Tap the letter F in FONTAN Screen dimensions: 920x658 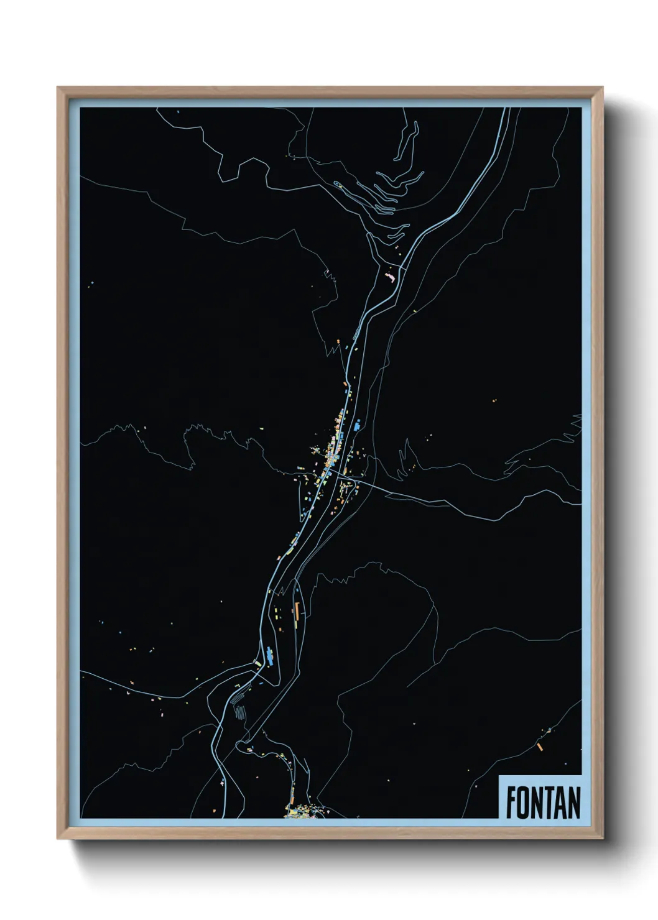(511, 803)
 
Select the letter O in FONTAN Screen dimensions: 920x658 (524, 803)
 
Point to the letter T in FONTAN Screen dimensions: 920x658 (549, 803)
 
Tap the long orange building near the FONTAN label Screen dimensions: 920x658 (540, 746)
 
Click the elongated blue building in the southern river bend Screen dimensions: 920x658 (270, 655)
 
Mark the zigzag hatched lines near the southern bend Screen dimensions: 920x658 (239, 711)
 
